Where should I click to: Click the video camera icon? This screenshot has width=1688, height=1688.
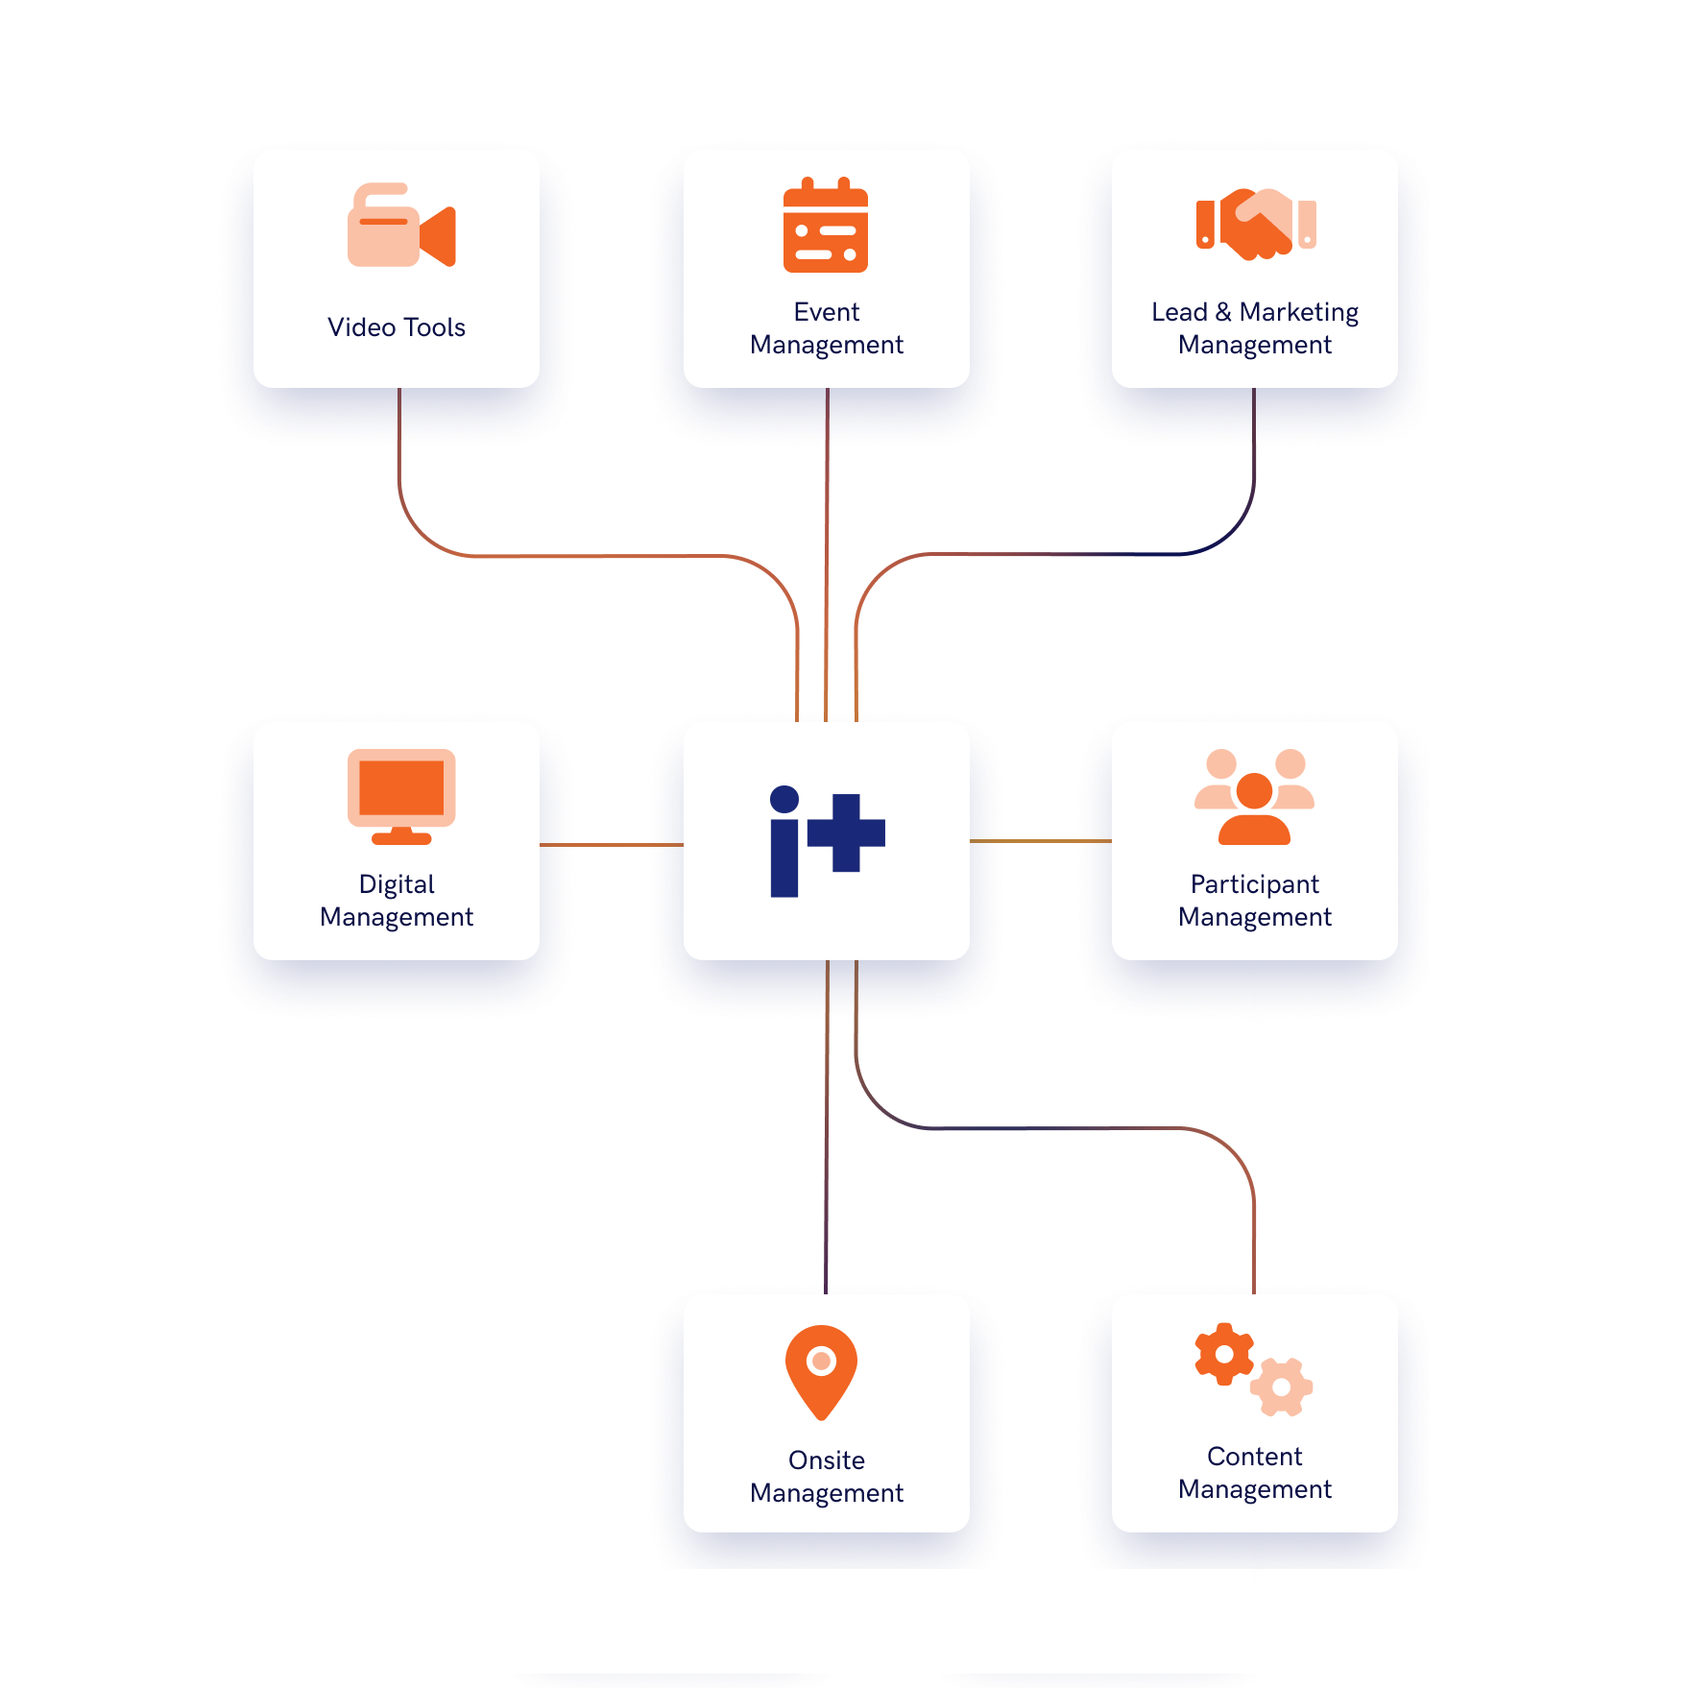400,226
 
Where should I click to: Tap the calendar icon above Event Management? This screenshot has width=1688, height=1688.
826,226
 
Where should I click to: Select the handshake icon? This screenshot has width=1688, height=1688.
1255,224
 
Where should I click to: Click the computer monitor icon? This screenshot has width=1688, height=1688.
400,796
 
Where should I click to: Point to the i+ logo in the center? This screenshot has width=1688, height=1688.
826,840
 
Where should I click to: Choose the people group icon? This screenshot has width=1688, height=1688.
1254,796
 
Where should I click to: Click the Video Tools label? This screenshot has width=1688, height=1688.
397,327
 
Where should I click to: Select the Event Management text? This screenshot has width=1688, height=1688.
826,328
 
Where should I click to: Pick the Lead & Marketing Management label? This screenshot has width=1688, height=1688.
1254,328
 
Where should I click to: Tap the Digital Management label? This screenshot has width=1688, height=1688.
397,901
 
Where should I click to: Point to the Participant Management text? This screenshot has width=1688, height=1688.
1254,901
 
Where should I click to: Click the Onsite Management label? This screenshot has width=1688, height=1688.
826,1477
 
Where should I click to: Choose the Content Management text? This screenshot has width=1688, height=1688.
1254,1473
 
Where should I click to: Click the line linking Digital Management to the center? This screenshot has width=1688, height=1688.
612,845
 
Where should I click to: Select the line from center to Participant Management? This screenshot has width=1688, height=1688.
1041,841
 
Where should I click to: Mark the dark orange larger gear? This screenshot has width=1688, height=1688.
1224,1354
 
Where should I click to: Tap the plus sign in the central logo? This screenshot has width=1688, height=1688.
846,832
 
